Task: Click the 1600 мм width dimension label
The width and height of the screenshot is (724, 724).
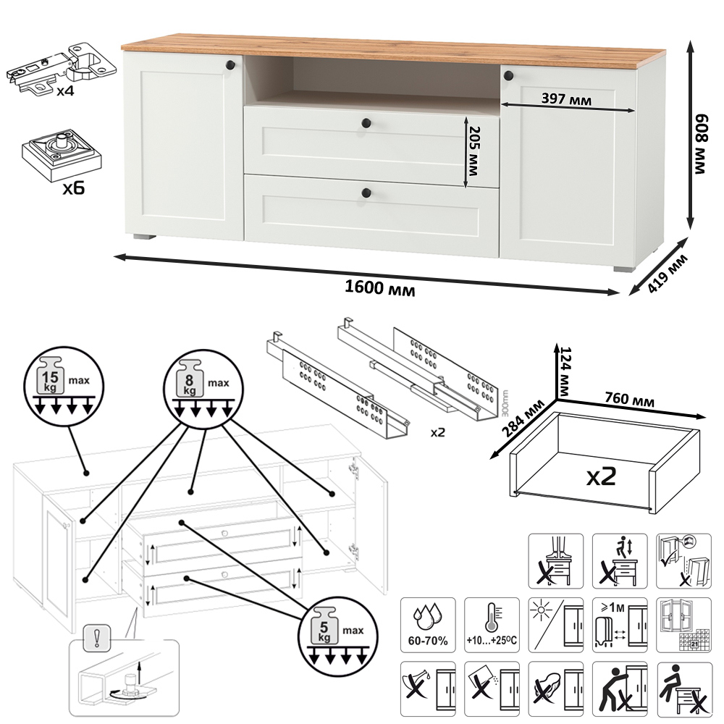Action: [379, 289]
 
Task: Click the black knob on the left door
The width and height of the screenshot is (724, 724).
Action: [230, 65]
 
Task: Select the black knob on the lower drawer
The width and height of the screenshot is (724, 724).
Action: [366, 193]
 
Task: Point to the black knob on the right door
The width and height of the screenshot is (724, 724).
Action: [508, 75]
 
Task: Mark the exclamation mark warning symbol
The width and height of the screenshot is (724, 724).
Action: [94, 638]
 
